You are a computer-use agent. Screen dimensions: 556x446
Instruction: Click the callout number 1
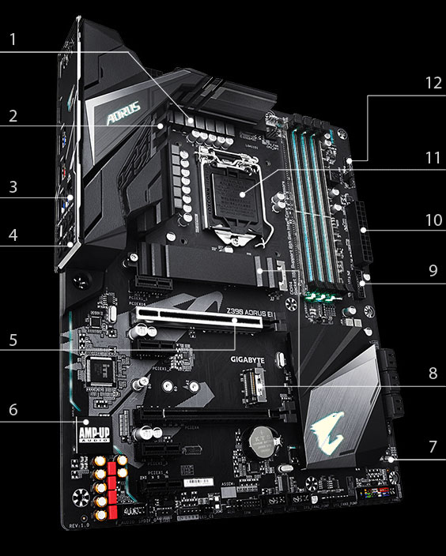13,38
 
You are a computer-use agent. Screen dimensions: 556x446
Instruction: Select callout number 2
13,116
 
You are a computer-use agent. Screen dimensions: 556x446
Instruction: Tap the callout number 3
13,187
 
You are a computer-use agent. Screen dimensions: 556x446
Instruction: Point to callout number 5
13,341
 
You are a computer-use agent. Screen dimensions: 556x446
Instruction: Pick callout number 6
13,411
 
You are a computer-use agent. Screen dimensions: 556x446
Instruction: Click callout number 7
432,447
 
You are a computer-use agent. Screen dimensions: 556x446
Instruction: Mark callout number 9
432,270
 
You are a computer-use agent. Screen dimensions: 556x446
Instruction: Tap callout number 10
432,220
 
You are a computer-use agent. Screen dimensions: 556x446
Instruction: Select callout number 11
432,157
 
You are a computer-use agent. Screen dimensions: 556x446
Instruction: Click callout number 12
432,83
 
